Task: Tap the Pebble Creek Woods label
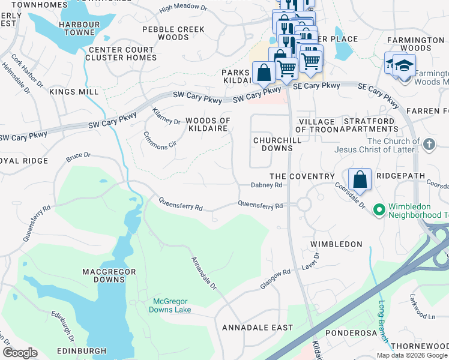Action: point(173,33)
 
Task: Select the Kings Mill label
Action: point(74,92)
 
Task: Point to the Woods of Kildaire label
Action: point(208,125)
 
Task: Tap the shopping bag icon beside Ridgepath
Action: point(360,179)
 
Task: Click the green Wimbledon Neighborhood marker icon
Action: point(379,210)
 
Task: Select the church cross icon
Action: point(428,145)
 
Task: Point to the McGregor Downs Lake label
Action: point(171,305)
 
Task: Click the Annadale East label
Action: point(258,328)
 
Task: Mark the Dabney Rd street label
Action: point(266,186)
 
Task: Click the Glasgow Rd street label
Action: point(275,280)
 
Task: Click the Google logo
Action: point(20,353)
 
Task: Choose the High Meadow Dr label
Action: point(182,9)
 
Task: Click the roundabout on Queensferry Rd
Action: point(303,204)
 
